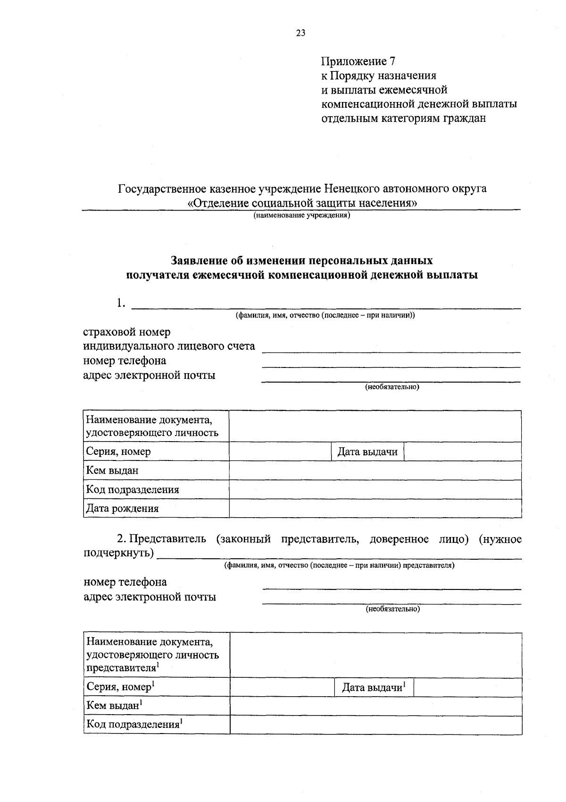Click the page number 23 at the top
301,33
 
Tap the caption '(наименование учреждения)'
301,216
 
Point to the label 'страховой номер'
127,332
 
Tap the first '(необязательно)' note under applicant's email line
392,387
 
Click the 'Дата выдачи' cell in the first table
367,452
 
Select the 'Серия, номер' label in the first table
118,452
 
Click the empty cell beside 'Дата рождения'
375,509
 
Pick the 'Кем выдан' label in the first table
112,470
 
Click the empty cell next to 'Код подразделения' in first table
375,490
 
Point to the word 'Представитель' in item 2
167,539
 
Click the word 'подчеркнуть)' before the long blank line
119,553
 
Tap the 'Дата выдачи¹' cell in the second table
374,688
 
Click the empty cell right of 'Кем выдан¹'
376,706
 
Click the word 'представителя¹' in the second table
122,668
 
